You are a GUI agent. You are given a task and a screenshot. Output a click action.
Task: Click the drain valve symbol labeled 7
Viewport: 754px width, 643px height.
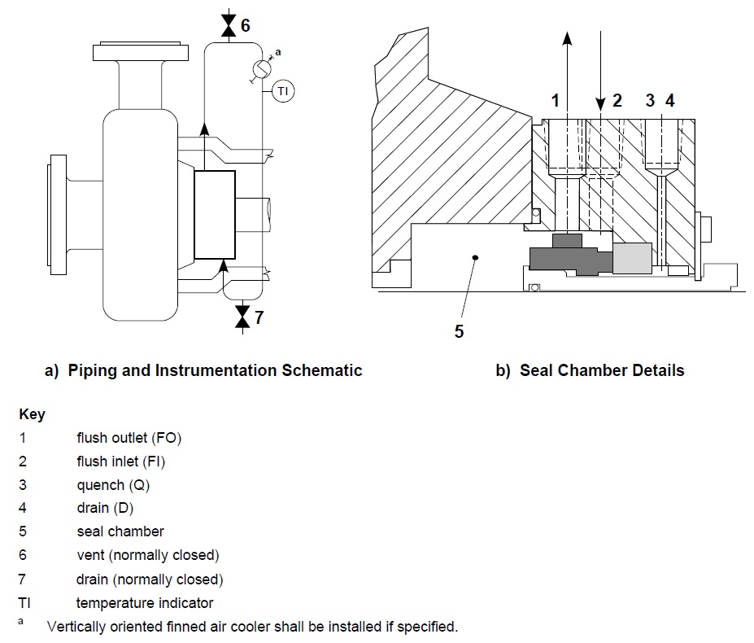point(242,317)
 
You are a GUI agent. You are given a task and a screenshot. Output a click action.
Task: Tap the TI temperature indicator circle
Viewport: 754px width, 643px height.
point(282,92)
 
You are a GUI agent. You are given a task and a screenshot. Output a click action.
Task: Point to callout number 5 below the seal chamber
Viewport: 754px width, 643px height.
point(459,331)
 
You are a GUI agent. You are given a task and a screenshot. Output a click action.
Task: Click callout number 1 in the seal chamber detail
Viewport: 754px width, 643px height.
point(556,101)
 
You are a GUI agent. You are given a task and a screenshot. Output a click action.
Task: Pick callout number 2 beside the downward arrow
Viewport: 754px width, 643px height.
point(617,101)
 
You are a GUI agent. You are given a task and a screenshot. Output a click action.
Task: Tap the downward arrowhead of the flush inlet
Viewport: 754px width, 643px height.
point(600,103)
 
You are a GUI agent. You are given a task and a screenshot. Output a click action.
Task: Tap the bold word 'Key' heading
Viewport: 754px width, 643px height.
point(32,414)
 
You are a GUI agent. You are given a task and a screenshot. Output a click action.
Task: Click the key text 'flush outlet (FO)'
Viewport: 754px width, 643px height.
point(129,438)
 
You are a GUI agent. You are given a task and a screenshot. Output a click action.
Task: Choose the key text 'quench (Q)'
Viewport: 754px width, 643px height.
point(113,485)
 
